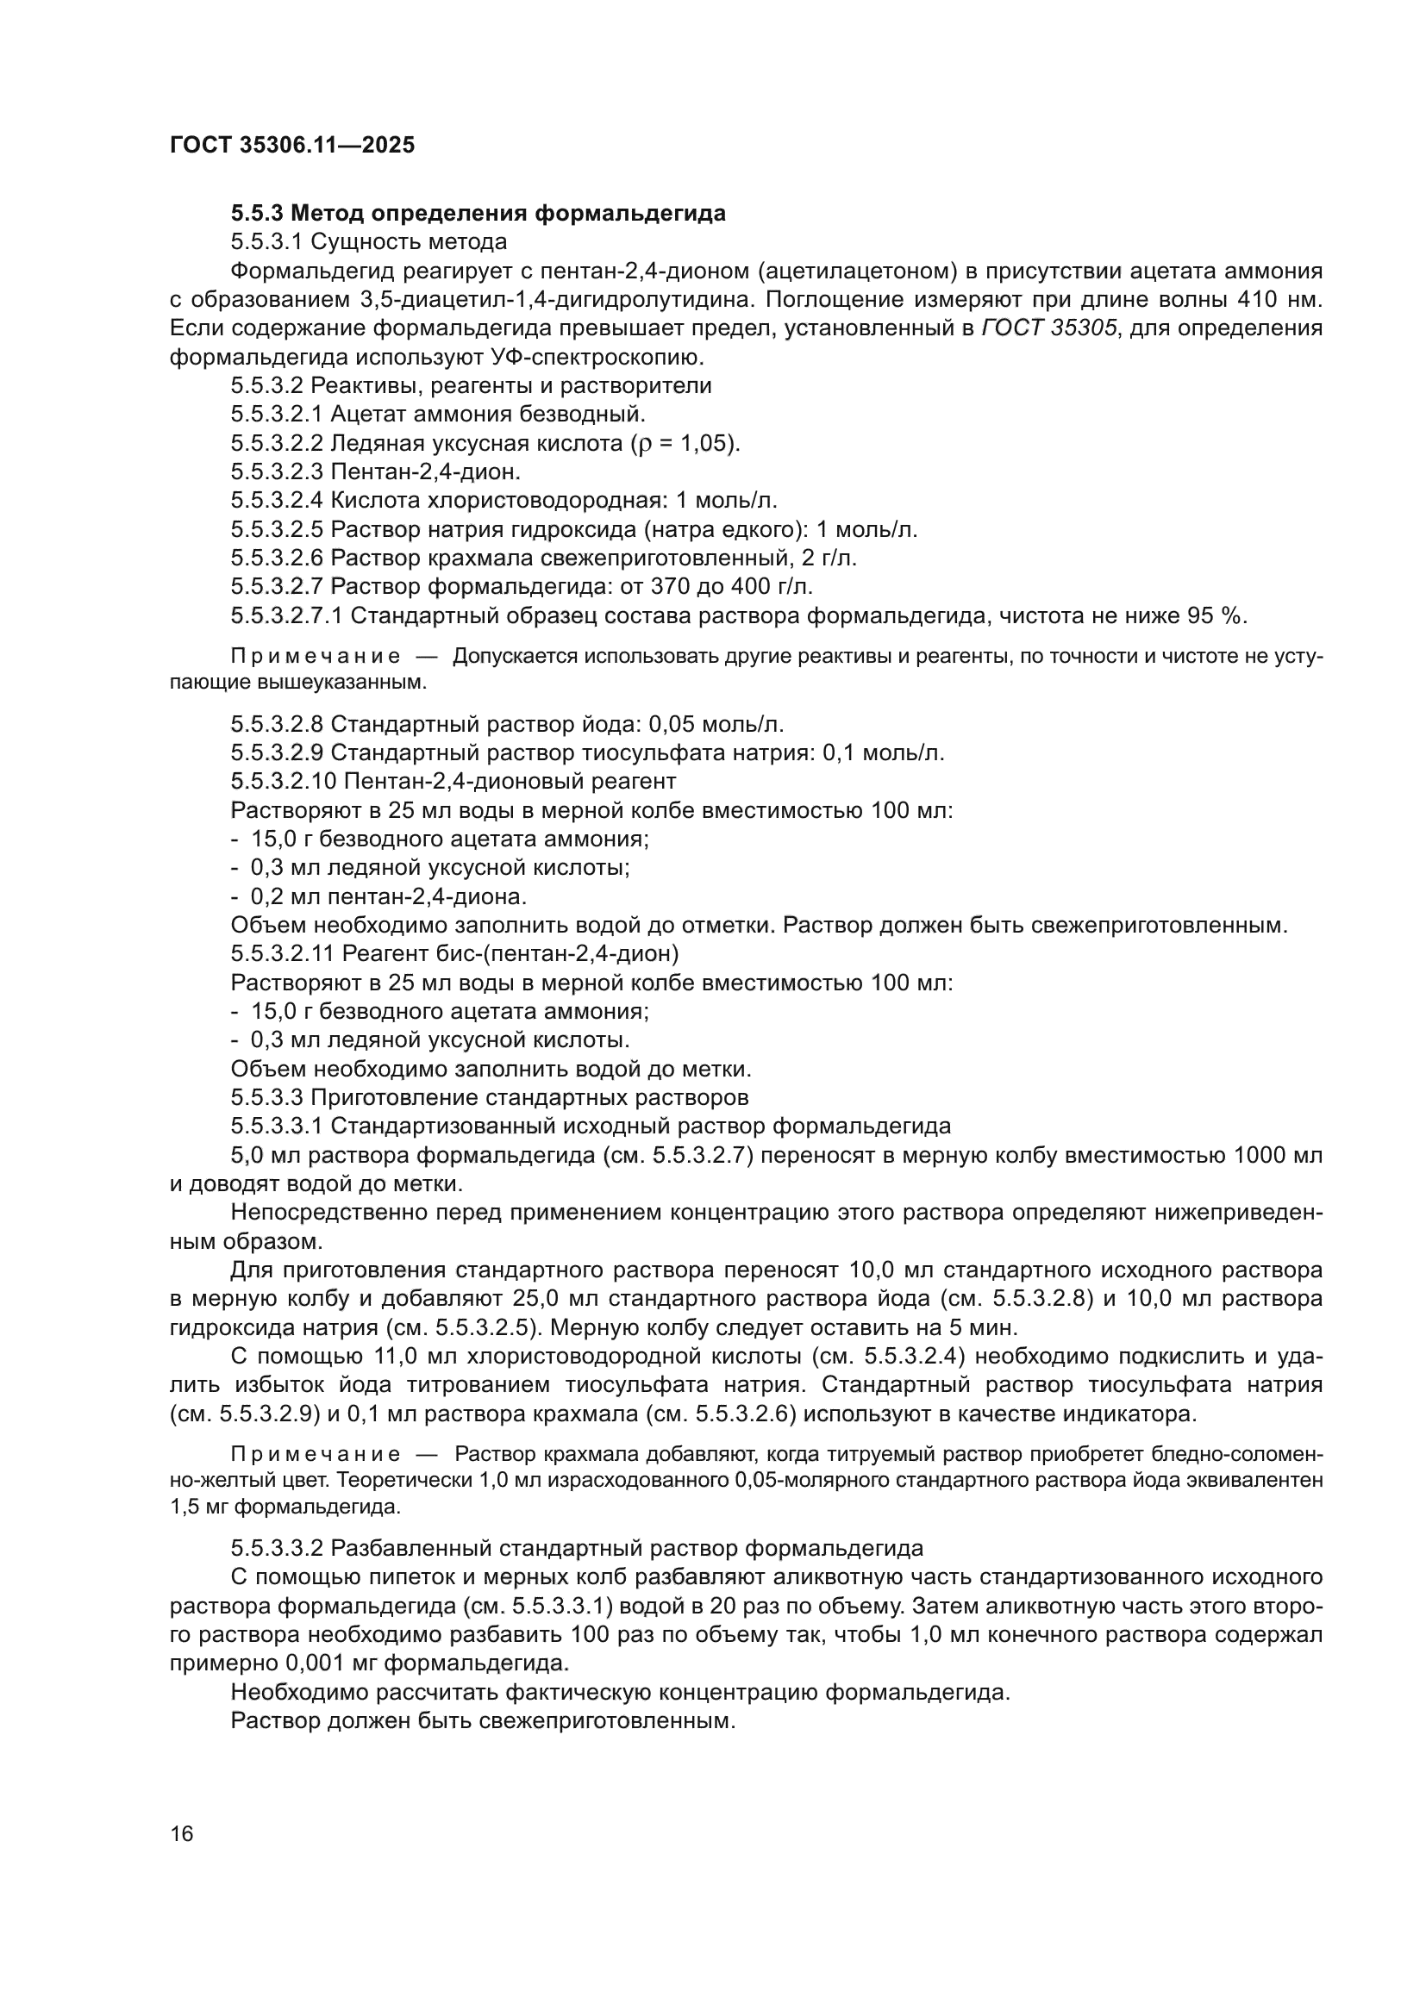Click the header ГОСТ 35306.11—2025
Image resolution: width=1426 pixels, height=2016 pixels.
pos(291,146)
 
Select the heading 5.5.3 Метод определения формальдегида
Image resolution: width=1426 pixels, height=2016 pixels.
pos(478,214)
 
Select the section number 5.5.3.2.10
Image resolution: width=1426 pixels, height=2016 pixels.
pos(284,782)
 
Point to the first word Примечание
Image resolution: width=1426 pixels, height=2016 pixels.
pos(316,657)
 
